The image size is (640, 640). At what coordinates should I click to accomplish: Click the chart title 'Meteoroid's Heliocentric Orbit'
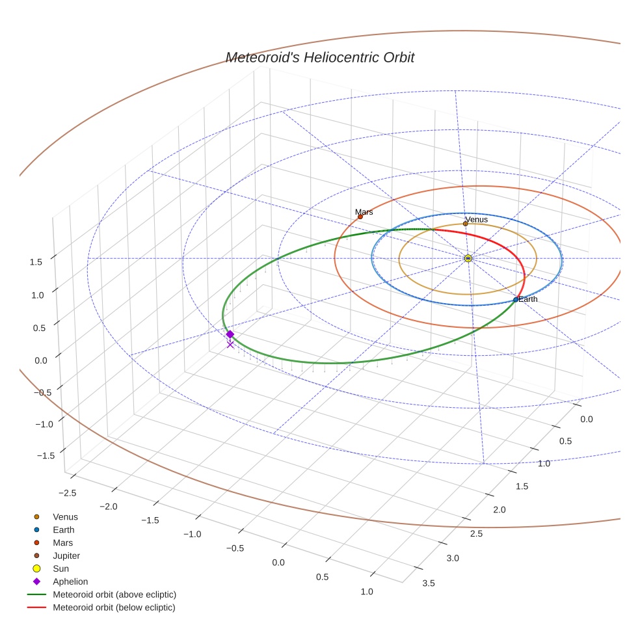pyautogui.click(x=319, y=58)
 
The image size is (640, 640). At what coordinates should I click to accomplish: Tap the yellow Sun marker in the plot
pyautogui.click(x=468, y=258)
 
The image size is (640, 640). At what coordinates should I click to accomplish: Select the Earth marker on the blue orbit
pyautogui.click(x=516, y=300)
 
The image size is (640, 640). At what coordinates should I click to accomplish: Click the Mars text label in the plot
pyautogui.click(x=364, y=212)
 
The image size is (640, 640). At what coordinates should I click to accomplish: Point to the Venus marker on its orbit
pyautogui.click(x=465, y=224)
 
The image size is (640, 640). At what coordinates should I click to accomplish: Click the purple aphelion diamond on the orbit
pyautogui.click(x=230, y=334)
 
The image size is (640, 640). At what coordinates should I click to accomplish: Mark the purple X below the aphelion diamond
pyautogui.click(x=230, y=345)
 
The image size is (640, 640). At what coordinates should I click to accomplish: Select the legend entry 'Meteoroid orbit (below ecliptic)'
pyautogui.click(x=114, y=607)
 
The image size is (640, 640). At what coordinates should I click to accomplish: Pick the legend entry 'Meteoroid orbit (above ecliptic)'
pyautogui.click(x=114, y=594)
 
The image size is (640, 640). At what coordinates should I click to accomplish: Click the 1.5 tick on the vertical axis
pyautogui.click(x=36, y=262)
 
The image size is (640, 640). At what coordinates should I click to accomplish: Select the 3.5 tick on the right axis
pyautogui.click(x=428, y=583)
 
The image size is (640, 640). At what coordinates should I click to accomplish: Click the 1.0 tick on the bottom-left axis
pyautogui.click(x=366, y=591)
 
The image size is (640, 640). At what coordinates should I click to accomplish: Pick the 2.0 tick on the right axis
pyautogui.click(x=499, y=509)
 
